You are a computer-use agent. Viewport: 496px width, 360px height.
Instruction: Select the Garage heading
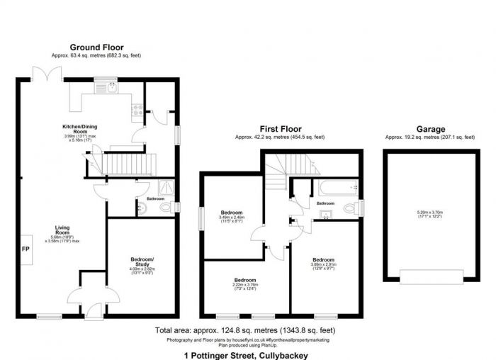coord(430,129)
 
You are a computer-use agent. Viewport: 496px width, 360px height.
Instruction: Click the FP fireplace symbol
coord(26,249)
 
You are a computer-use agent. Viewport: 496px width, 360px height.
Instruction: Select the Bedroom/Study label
coord(142,263)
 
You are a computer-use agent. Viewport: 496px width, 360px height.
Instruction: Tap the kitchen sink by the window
coord(113,87)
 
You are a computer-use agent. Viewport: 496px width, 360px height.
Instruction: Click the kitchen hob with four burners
coord(137,110)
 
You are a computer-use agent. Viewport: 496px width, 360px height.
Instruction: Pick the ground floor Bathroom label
coord(156,199)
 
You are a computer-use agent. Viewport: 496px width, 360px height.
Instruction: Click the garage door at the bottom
coord(430,275)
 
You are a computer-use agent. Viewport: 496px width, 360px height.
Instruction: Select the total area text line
coord(244,331)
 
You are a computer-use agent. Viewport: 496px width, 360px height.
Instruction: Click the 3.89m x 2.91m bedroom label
coord(323,264)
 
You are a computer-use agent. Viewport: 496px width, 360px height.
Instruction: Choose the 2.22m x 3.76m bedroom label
coord(245,283)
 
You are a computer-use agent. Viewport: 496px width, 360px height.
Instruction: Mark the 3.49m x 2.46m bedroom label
coord(232,217)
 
